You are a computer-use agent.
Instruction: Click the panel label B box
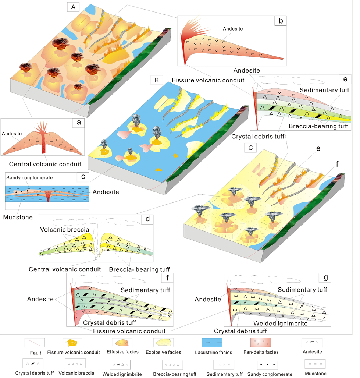point(157,80)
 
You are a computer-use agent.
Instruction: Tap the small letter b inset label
point(281,21)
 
